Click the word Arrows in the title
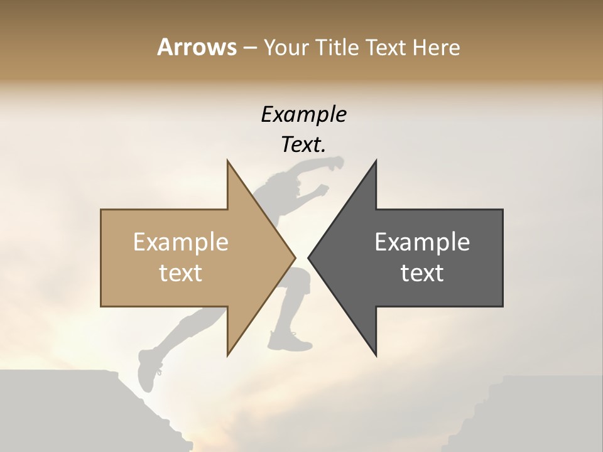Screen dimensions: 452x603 pyautogui.click(x=197, y=47)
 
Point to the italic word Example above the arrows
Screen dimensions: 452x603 pyautogui.click(x=303, y=114)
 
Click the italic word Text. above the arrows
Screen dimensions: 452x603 pyautogui.click(x=303, y=144)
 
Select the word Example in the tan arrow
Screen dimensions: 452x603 pyautogui.click(x=181, y=242)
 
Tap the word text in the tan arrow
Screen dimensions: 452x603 pyautogui.click(x=181, y=273)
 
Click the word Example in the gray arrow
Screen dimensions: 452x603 pyautogui.click(x=422, y=242)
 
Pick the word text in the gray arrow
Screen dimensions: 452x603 pyautogui.click(x=422, y=273)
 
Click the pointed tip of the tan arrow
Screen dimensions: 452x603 pyautogui.click(x=295, y=257)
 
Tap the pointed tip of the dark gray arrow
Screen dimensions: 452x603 pyautogui.click(x=309, y=257)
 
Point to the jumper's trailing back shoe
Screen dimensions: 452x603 pyautogui.click(x=148, y=370)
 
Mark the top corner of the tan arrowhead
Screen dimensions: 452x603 pyautogui.click(x=227, y=161)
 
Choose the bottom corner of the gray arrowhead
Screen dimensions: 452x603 pyautogui.click(x=376, y=355)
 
